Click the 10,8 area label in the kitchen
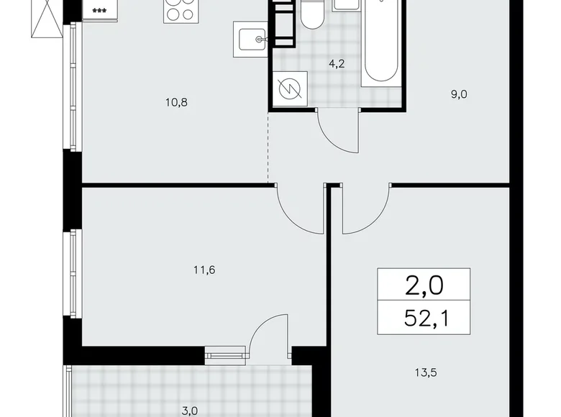175,102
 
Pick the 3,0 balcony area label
189,411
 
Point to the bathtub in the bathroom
380,43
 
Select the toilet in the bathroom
311,14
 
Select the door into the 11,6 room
298,208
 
